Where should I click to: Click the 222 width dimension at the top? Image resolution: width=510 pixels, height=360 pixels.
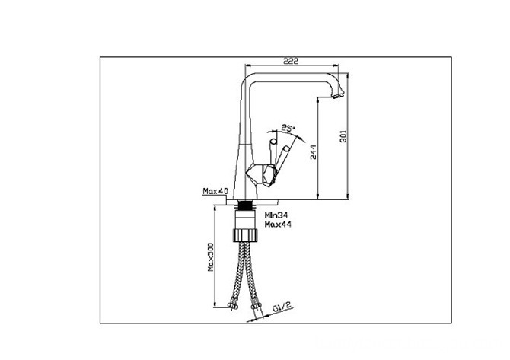[291, 60]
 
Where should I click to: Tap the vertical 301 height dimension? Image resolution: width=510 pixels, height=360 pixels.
[343, 136]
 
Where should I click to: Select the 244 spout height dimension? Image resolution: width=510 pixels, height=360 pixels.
[313, 152]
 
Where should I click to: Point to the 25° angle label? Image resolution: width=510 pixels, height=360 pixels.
[288, 127]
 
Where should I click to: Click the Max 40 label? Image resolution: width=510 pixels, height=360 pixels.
[215, 191]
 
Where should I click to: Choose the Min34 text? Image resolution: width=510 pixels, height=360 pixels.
[276, 215]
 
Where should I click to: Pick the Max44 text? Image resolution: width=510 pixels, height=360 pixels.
[278, 224]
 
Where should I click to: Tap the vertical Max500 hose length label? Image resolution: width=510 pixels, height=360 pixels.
[212, 256]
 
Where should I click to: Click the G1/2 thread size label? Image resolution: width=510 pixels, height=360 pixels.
[282, 307]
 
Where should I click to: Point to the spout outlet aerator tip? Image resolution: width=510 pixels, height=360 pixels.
[338, 96]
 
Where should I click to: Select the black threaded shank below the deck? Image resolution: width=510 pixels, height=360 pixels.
[246, 205]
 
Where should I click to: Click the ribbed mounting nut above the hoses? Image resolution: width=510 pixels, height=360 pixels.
[246, 234]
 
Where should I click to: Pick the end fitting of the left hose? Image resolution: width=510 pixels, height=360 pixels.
[232, 305]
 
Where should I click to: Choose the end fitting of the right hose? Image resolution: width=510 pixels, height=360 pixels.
[256, 306]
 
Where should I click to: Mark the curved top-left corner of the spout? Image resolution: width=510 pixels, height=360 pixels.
[246, 78]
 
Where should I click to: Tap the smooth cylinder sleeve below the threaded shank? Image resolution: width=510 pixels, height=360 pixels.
[246, 219]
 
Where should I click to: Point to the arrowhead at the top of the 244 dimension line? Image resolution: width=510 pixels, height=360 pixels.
[317, 99]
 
